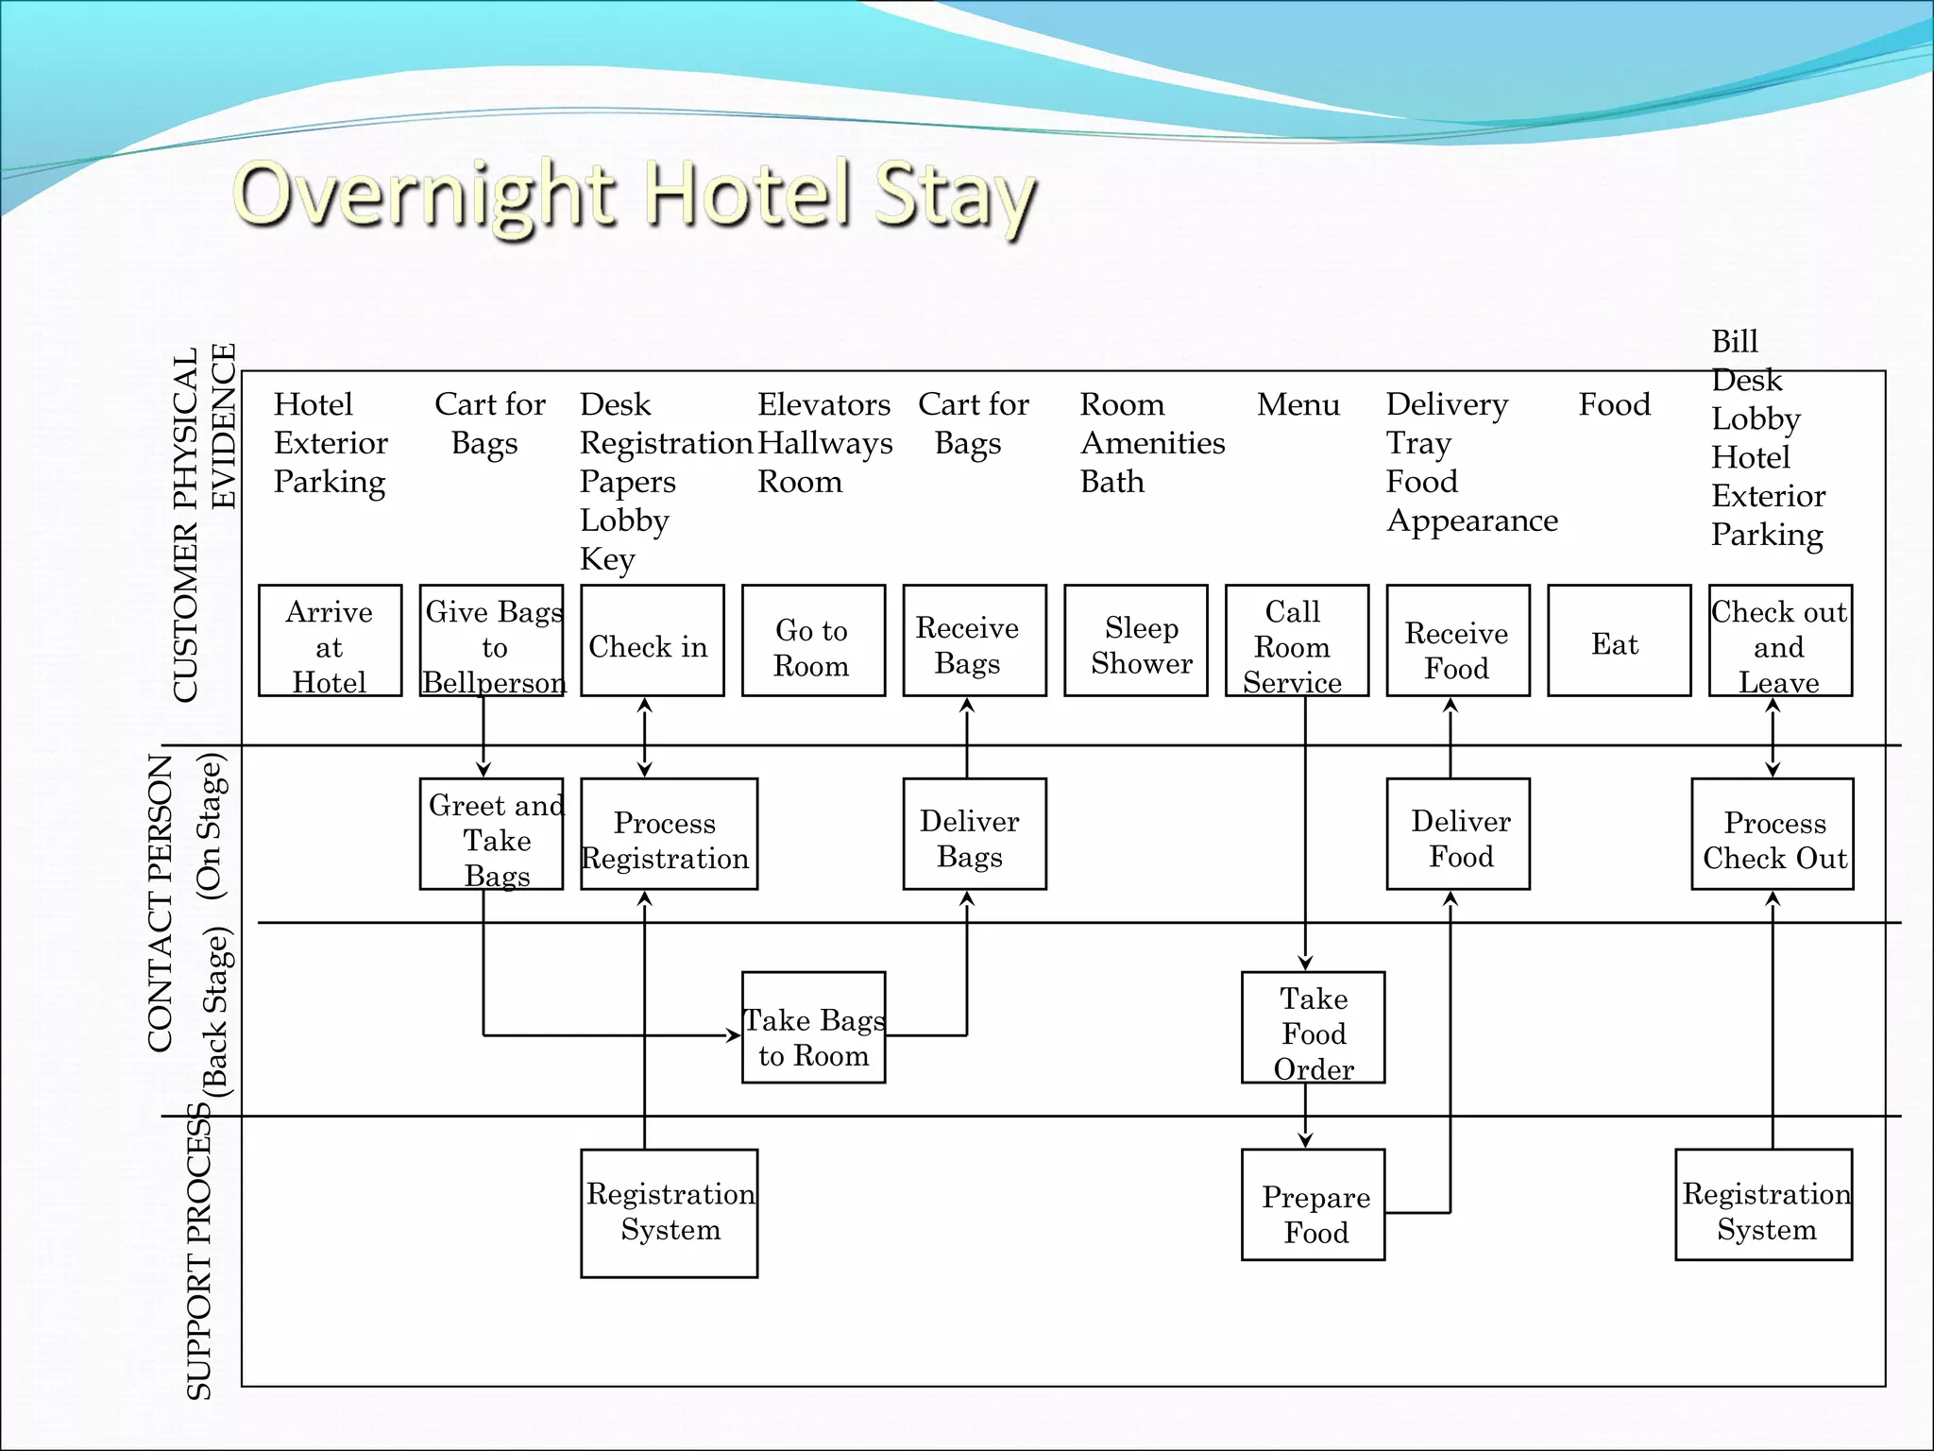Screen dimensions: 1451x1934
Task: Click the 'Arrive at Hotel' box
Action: tap(330, 641)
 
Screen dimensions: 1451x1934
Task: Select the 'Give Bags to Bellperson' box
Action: tap(491, 641)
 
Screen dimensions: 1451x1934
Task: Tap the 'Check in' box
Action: tap(653, 641)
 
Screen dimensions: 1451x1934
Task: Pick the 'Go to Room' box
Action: tap(813, 641)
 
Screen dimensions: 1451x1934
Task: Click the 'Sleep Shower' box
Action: tap(1136, 641)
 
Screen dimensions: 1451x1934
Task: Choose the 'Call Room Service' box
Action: tap(1297, 641)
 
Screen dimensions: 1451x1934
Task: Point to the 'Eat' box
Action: tap(1619, 641)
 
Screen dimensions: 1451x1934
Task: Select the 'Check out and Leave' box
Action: tap(1780, 641)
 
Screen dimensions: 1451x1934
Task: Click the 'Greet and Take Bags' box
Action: tap(491, 834)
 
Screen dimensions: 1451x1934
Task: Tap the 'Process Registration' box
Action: tap(669, 834)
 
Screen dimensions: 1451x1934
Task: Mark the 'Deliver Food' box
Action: tap(1458, 834)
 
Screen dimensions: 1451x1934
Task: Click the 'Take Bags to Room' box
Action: tap(813, 1028)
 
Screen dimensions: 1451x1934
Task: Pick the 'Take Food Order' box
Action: tap(1313, 1028)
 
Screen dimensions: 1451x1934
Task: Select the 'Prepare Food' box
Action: tap(1313, 1205)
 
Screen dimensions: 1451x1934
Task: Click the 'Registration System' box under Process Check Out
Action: tap(1764, 1205)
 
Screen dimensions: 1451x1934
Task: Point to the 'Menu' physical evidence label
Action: tap(1298, 404)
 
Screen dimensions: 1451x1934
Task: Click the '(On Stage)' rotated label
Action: tap(210, 826)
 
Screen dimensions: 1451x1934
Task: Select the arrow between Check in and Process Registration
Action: tap(645, 738)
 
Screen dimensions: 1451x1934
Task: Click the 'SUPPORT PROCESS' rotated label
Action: tap(198, 1252)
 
